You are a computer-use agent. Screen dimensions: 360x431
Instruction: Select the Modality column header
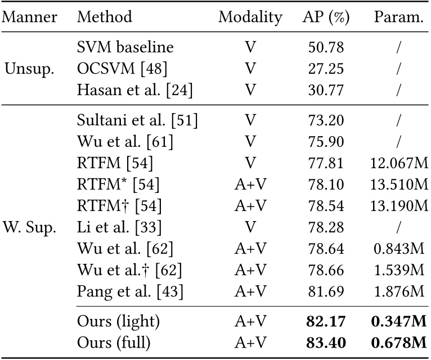250,17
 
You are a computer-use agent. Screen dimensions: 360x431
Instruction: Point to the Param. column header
398,17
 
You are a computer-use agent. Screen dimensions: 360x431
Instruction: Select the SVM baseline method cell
125,48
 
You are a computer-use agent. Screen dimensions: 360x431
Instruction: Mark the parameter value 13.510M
399,186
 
